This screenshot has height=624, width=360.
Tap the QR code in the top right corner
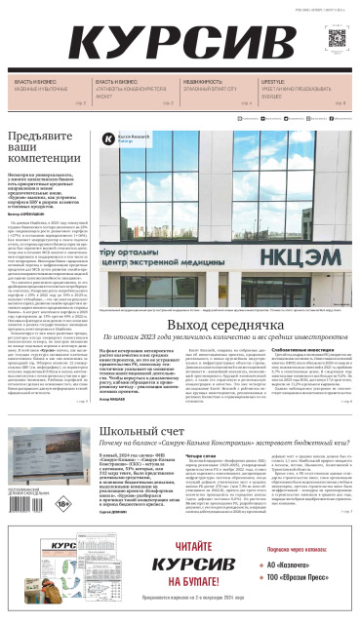[337, 38]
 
